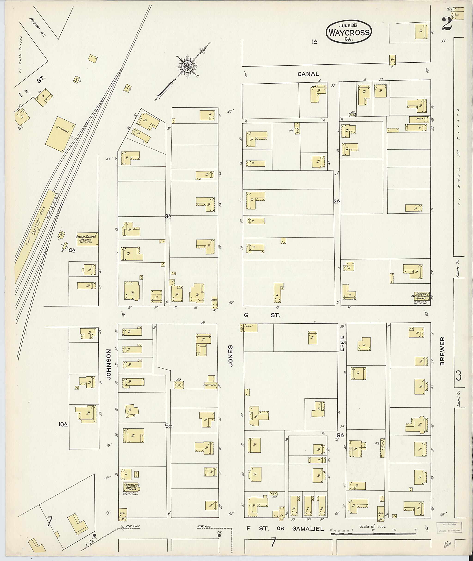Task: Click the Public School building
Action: pos(87,239)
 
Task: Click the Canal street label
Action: pos(308,74)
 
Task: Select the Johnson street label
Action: pos(109,364)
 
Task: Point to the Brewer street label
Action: pos(442,351)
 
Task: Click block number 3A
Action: pos(168,216)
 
